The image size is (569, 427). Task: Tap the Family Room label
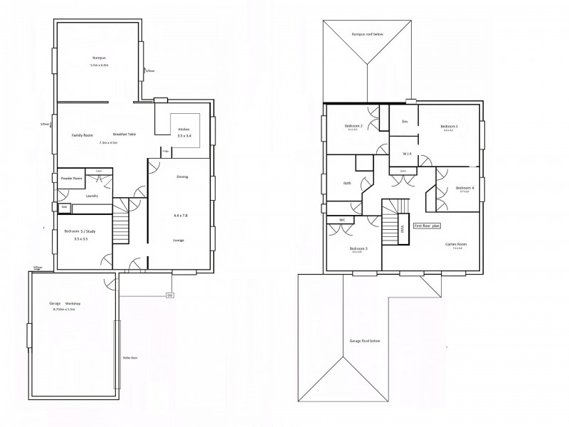pyautogui.click(x=83, y=135)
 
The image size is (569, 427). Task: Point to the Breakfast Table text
pyautogui.click(x=124, y=135)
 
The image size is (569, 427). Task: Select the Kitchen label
pyautogui.click(x=184, y=129)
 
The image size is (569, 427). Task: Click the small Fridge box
pyautogui.click(x=165, y=152)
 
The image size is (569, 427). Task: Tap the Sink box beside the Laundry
pyautogui.click(x=64, y=207)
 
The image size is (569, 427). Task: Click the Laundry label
pyautogui.click(x=91, y=195)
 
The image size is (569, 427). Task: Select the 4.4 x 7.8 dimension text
pyautogui.click(x=181, y=214)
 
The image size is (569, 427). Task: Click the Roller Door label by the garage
pyautogui.click(x=129, y=358)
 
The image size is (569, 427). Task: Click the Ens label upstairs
pyautogui.click(x=404, y=122)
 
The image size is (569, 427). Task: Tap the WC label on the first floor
pyautogui.click(x=341, y=220)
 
